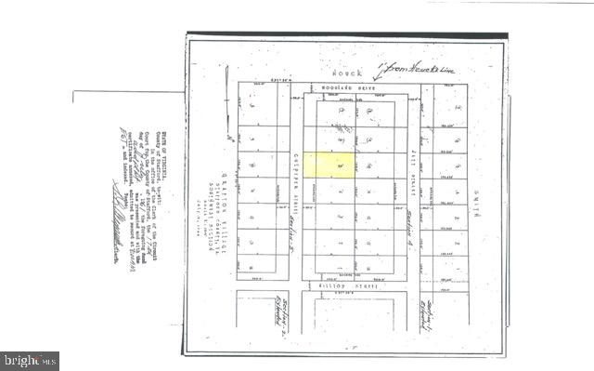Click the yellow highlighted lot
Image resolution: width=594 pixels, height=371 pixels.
point(329,166)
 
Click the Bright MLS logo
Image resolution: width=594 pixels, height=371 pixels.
point(30,360)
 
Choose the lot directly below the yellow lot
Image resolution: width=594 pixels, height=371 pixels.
point(329,191)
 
